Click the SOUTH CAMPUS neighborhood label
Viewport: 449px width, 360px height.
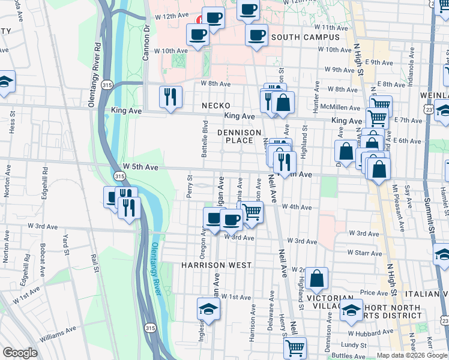[x=305, y=37]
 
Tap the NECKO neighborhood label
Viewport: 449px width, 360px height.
[x=216, y=106]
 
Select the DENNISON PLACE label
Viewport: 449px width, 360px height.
[x=239, y=136]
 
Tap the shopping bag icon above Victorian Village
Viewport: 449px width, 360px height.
[x=316, y=278]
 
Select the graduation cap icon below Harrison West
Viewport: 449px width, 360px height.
[x=208, y=309]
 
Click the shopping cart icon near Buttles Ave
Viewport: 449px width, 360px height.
[x=294, y=347]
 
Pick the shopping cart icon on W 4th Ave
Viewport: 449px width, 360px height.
[x=252, y=212]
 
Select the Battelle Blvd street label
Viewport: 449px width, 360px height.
[x=205, y=139]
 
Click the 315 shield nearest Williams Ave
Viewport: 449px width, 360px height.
[x=149, y=328]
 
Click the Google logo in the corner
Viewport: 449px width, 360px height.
[x=20, y=353]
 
